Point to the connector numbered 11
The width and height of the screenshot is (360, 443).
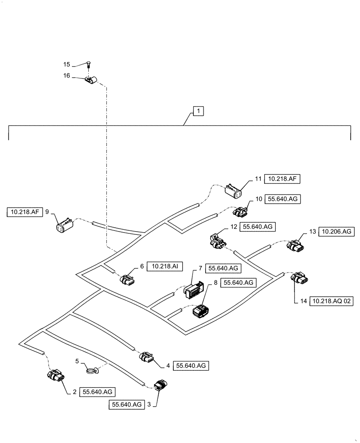[233, 192]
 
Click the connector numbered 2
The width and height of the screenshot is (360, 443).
[55, 376]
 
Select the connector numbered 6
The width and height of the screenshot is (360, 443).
[127, 280]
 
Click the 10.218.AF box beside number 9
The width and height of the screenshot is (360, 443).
[25, 212]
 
